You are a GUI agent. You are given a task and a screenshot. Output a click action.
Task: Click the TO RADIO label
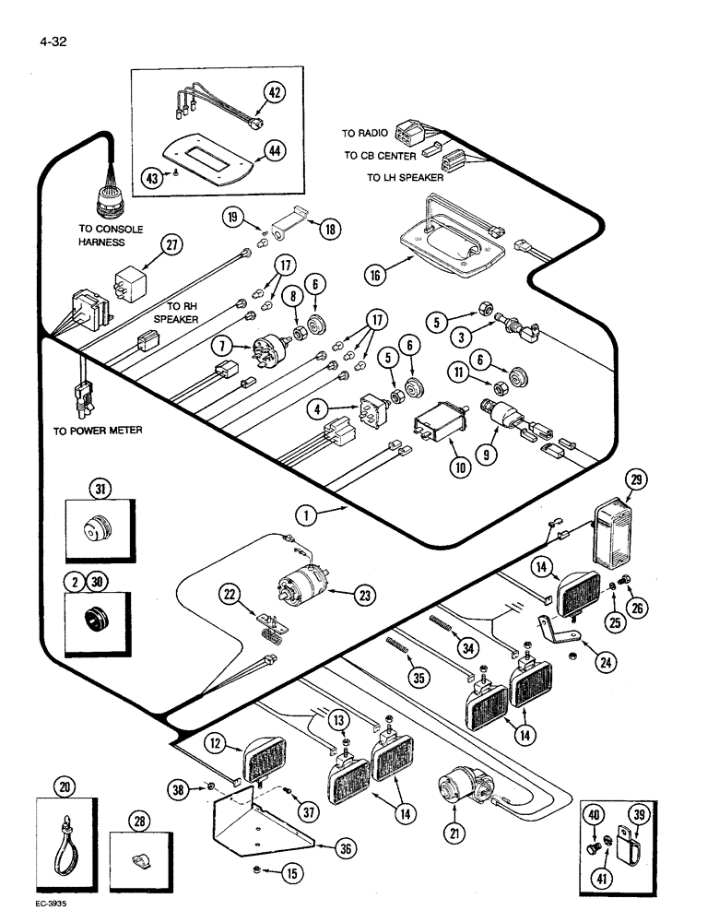click(x=365, y=134)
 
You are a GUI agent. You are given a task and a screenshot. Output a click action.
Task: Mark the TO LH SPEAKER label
click(x=405, y=177)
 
